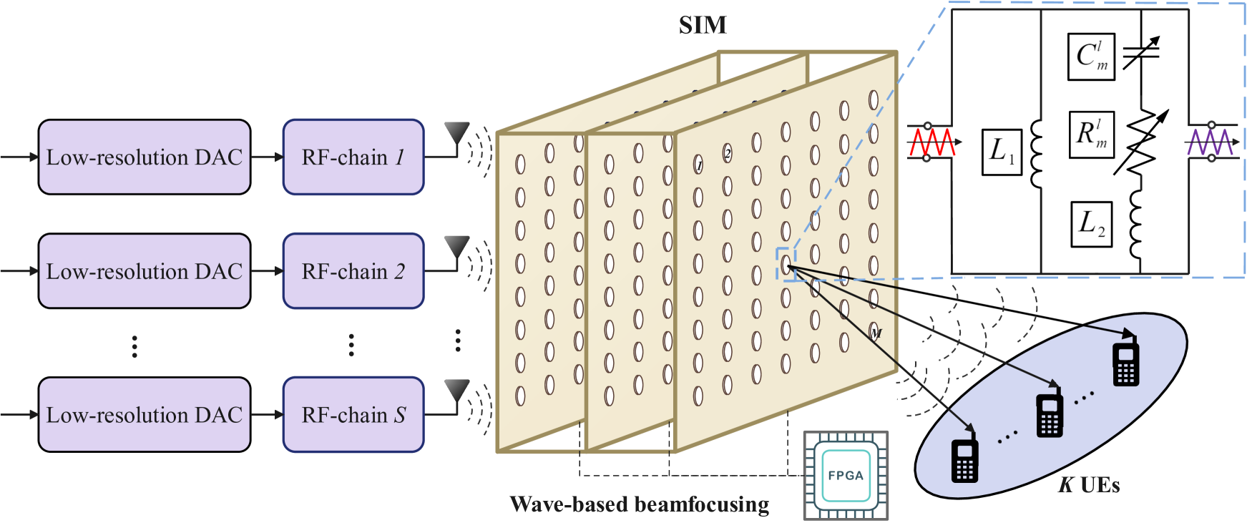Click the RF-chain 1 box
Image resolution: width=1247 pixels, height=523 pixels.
tap(353, 157)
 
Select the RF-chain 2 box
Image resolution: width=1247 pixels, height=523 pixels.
tap(353, 271)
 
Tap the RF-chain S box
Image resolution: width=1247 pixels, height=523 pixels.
tap(353, 415)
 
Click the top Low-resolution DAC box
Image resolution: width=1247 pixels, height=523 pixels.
tap(144, 157)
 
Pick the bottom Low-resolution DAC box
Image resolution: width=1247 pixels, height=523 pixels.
tap(144, 415)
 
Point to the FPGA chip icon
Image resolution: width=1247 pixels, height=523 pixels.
tap(846, 475)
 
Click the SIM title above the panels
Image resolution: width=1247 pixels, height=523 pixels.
tap(703, 26)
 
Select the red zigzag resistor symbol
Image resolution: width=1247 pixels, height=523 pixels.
tap(931, 142)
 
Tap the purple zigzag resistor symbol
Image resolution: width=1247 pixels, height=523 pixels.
tap(1209, 142)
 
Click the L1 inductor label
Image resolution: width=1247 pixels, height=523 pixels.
tap(1002, 152)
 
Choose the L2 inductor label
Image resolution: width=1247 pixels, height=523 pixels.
tap(1092, 224)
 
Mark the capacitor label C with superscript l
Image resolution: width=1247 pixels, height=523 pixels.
tap(1092, 57)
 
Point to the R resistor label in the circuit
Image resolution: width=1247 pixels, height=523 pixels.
tap(1092, 134)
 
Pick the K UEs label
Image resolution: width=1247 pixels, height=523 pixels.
tap(1089, 485)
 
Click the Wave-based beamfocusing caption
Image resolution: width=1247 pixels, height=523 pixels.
tap(640, 504)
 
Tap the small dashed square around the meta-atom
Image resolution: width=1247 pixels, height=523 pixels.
tap(786, 264)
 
